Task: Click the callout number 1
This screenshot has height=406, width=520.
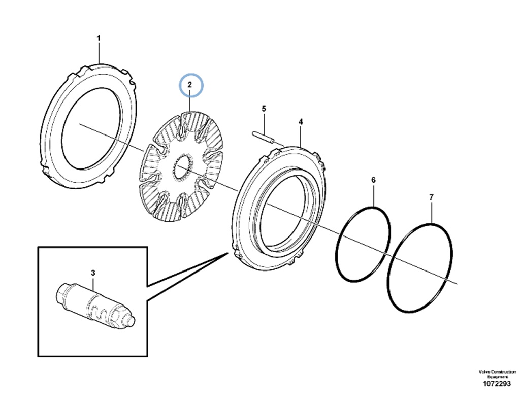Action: point(99,38)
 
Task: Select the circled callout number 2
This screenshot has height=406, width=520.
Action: point(189,85)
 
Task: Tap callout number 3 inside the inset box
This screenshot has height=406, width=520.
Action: point(93,273)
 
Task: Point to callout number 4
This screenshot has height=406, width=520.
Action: point(301,122)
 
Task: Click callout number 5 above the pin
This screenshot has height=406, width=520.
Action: point(264,109)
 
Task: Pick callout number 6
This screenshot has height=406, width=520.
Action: point(373,180)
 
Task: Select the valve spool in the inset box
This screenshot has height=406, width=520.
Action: point(94,304)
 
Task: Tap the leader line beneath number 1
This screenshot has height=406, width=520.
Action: point(99,53)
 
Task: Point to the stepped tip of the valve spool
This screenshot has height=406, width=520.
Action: point(132,321)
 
